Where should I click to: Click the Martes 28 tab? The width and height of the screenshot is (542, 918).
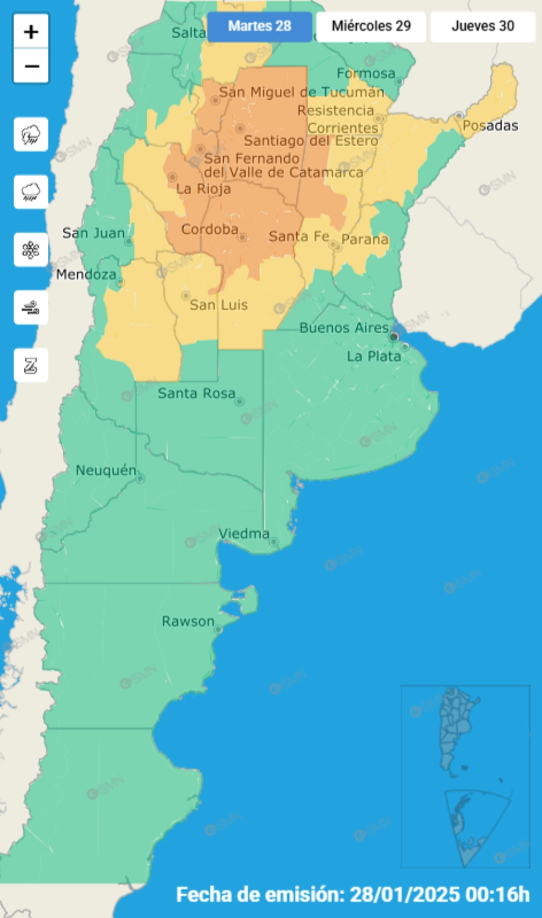pos(260,26)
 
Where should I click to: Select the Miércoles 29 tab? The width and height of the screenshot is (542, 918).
pos(371,26)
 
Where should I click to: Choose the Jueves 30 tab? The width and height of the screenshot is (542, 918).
pos(483,26)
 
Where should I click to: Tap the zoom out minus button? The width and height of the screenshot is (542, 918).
pos(31,66)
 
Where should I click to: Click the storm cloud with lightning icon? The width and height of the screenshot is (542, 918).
pos(31,134)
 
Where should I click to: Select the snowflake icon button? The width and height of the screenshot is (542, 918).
pos(31,250)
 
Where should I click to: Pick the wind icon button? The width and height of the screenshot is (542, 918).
pos(31,308)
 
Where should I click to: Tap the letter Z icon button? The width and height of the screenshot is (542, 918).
pos(31,365)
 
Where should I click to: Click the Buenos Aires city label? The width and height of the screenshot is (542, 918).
pos(344,328)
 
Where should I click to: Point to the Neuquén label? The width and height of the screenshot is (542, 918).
pos(106,471)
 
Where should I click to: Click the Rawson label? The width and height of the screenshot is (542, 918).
pos(188,622)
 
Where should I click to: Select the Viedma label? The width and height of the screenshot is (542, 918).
pos(244,534)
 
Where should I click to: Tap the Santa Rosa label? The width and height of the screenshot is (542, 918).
pos(196,394)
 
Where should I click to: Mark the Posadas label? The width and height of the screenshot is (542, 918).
pos(490,126)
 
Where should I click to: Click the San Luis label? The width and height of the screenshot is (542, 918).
pos(219,305)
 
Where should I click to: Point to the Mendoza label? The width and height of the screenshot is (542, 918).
pos(86,274)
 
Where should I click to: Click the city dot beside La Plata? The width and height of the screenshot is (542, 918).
pos(405,347)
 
